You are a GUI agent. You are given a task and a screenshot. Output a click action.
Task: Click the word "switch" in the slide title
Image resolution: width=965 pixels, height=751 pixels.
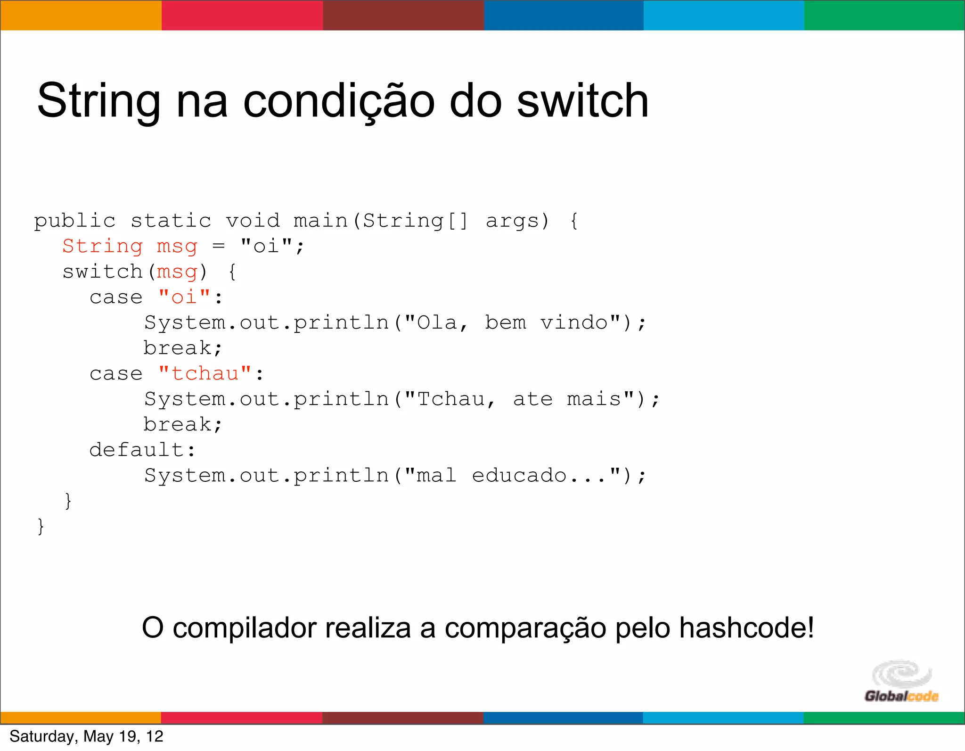click(x=582, y=101)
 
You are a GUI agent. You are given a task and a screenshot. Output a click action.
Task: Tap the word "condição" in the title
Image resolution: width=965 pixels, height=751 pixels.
click(x=339, y=102)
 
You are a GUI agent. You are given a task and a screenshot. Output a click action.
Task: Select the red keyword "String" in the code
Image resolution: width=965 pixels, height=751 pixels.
click(x=102, y=246)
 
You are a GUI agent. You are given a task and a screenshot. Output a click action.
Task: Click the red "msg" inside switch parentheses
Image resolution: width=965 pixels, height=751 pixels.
click(x=177, y=272)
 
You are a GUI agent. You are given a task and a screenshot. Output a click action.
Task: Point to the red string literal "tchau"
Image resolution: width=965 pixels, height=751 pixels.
click(x=205, y=373)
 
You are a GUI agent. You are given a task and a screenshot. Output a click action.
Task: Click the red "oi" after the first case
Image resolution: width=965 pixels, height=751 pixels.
click(x=184, y=297)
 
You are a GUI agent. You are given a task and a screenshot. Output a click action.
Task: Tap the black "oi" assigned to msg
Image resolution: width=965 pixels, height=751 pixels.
click(x=266, y=246)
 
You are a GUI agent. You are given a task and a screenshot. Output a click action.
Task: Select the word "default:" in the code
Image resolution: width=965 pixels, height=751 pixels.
click(x=142, y=450)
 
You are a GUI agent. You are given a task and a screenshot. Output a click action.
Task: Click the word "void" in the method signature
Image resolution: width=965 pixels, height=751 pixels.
click(x=253, y=221)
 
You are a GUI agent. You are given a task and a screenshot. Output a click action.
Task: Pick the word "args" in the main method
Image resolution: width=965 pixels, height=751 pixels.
click(x=512, y=221)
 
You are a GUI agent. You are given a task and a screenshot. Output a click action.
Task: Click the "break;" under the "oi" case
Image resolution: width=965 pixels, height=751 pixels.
click(x=182, y=348)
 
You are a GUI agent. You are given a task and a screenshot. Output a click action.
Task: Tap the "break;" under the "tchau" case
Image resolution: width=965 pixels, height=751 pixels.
click(x=182, y=425)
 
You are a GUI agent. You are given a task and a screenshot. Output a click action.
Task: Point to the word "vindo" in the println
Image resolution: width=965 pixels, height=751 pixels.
click(x=574, y=323)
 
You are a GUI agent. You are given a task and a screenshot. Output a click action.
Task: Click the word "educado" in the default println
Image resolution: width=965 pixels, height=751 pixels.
click(x=519, y=475)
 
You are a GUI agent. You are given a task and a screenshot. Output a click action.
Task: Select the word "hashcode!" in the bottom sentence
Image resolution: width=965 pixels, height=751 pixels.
click(x=746, y=628)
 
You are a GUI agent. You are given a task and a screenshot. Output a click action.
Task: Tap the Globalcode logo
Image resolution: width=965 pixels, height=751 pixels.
click(x=901, y=682)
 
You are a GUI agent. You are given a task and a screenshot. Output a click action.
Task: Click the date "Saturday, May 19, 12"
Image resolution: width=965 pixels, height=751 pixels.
click(x=86, y=736)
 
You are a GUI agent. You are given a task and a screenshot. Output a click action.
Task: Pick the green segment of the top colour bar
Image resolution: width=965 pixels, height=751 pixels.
click(x=884, y=15)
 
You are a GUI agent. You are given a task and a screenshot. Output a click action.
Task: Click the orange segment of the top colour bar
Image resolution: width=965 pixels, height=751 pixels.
click(x=81, y=15)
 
